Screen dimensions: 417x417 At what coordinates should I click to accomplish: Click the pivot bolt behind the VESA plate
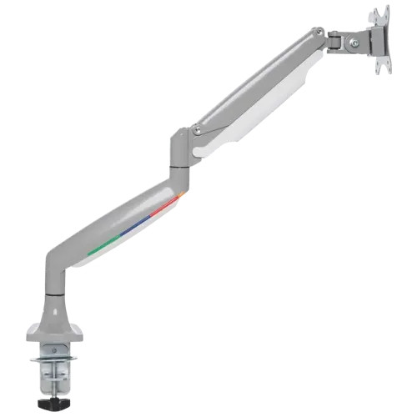tap(355, 42)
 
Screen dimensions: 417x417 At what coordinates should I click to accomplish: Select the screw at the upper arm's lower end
tap(197, 129)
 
